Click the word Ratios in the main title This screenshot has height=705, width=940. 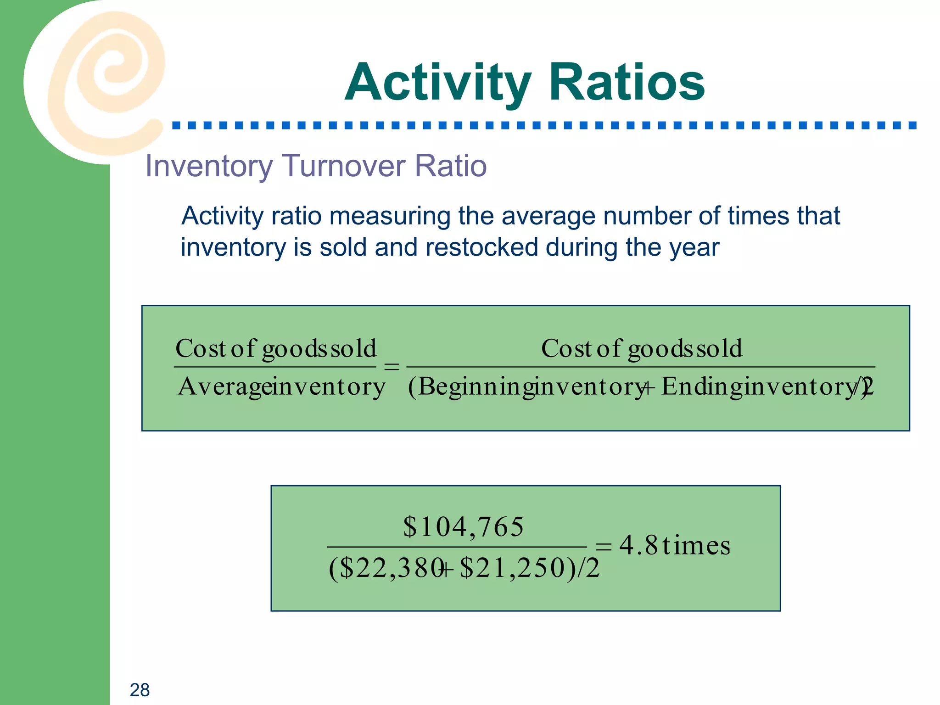tap(627, 83)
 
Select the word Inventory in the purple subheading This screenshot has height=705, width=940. tap(209, 167)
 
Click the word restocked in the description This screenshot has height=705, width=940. tap(481, 247)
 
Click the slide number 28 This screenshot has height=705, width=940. tap(140, 690)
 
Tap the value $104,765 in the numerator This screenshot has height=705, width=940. tap(463, 526)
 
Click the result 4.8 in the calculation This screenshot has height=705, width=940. tap(638, 546)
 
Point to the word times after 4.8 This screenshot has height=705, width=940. tap(696, 546)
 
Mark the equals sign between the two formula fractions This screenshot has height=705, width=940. tap(391, 367)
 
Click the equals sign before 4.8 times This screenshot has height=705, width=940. tap(603, 547)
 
